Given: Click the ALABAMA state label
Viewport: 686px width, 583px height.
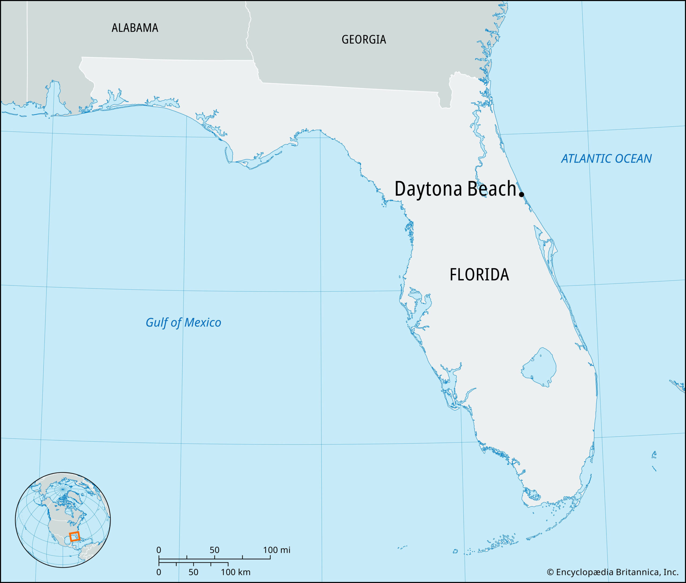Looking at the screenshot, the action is point(135,28).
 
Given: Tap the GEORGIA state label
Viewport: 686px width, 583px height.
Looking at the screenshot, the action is point(363,40).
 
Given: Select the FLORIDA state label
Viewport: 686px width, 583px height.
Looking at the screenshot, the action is point(479,275).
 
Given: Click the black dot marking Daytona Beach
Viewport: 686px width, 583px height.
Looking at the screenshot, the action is point(521,194).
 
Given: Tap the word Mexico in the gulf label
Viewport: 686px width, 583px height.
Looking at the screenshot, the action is point(202,323).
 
